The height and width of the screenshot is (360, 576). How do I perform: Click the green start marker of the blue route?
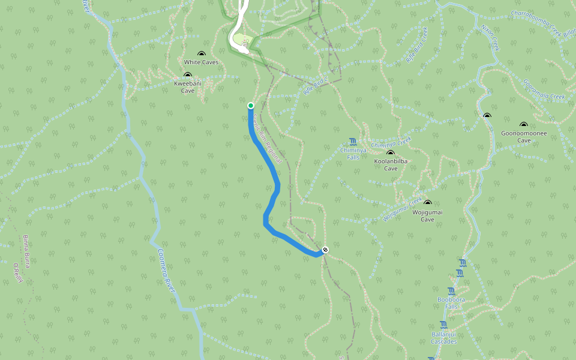click(x=251, y=106)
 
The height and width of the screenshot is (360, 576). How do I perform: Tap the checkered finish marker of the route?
click(x=325, y=249)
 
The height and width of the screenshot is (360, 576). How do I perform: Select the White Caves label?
click(x=201, y=62)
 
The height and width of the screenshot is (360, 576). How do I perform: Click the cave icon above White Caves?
click(x=201, y=54)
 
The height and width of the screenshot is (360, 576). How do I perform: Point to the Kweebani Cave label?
click(x=188, y=88)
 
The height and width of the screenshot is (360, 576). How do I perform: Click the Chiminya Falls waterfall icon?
click(x=353, y=142)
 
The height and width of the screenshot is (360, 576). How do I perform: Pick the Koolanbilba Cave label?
click(x=391, y=165)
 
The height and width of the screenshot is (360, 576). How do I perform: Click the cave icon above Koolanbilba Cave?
click(x=391, y=153)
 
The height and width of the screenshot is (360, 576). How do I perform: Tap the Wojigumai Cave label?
click(x=427, y=216)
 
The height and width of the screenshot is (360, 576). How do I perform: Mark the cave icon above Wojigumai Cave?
click(x=427, y=204)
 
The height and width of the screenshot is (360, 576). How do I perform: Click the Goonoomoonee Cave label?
click(x=524, y=137)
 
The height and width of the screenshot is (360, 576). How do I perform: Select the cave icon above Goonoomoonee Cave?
click(x=524, y=125)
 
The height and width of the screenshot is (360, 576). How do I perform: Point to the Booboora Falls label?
click(x=451, y=303)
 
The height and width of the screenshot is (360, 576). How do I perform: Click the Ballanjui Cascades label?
click(x=444, y=338)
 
